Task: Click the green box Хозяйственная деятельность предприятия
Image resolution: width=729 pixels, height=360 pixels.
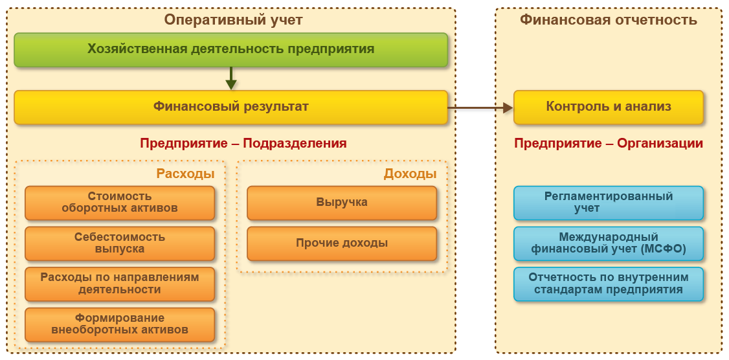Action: click(x=230, y=49)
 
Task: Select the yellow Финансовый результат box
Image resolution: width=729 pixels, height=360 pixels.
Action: click(x=230, y=107)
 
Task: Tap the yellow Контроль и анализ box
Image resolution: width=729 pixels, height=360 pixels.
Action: click(x=609, y=107)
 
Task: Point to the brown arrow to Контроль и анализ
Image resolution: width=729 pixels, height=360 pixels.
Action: click(x=480, y=107)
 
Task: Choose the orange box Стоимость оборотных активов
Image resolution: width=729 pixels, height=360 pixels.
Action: click(x=120, y=203)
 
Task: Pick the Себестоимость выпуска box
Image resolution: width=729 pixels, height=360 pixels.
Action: click(x=120, y=243)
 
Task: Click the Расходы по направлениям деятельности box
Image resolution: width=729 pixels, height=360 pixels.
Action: click(x=120, y=284)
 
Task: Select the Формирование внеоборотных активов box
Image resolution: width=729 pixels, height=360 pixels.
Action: click(x=120, y=324)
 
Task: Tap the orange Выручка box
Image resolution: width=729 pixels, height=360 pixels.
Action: click(x=342, y=203)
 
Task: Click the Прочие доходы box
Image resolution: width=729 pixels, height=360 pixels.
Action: click(x=342, y=243)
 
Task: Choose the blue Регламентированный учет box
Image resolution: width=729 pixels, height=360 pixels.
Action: click(x=609, y=203)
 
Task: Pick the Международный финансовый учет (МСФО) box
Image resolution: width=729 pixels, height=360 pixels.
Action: click(x=609, y=243)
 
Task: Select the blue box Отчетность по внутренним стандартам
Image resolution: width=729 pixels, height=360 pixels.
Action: click(x=609, y=284)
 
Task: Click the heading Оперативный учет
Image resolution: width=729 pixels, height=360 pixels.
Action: click(x=233, y=19)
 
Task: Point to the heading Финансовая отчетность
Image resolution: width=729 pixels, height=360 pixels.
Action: click(x=609, y=19)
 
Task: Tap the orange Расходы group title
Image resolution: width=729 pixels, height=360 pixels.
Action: click(x=185, y=174)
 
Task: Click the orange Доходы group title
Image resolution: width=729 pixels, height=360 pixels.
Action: click(x=410, y=174)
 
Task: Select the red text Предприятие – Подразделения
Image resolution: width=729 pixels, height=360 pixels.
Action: click(x=243, y=143)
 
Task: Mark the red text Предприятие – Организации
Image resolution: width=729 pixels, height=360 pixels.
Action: click(x=609, y=143)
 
